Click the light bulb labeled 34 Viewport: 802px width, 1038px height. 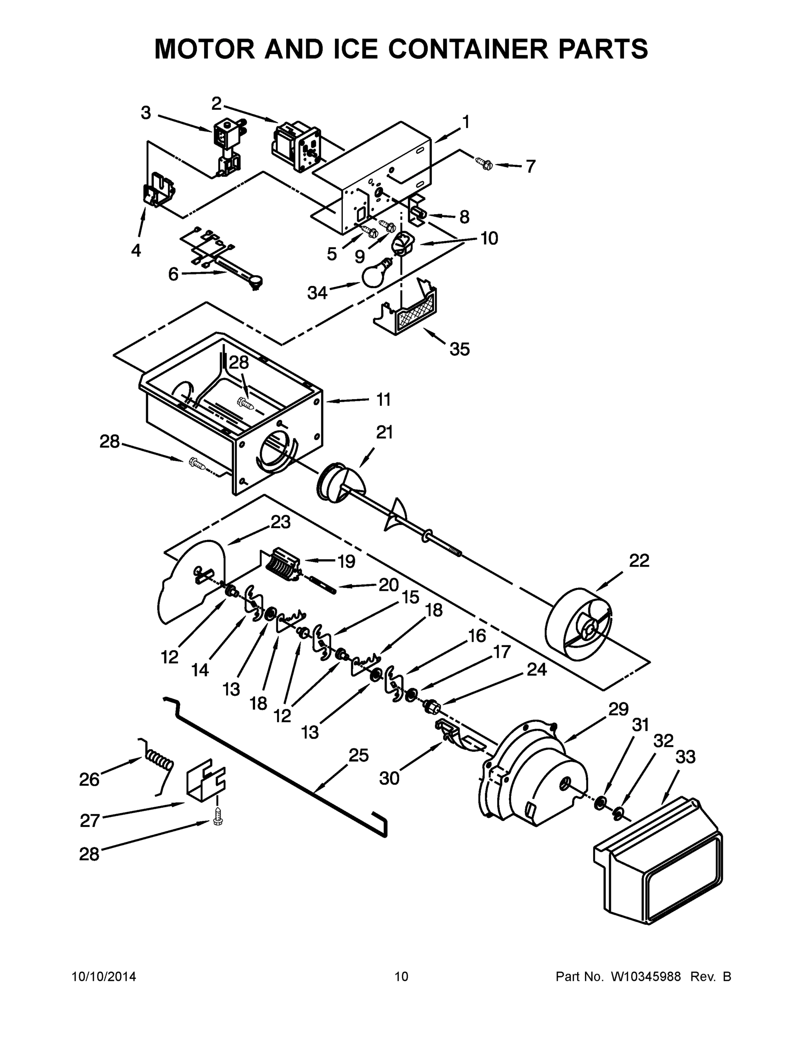(375, 275)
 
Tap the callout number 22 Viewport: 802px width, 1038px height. (639, 561)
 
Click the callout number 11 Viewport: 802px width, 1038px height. (383, 400)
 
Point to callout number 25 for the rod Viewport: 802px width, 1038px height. (359, 755)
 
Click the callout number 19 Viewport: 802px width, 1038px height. (346, 561)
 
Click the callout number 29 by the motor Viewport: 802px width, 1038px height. (618, 709)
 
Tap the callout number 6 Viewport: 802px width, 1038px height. (173, 274)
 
